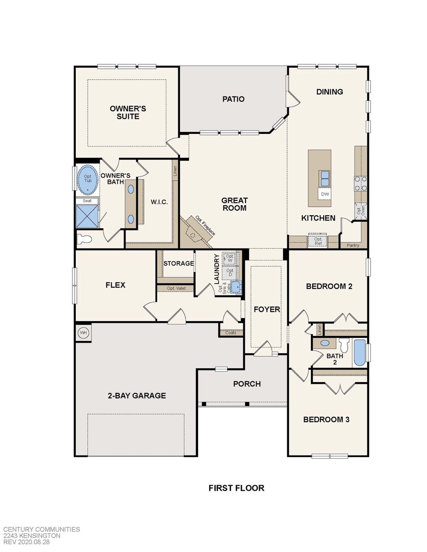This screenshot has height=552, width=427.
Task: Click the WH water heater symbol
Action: pyautogui.click(x=83, y=332)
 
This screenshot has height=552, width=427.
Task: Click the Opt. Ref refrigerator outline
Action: pyautogui.click(x=318, y=241)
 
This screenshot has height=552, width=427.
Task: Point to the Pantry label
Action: pyautogui.click(x=353, y=245)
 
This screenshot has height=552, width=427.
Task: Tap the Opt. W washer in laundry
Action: pyautogui.click(x=230, y=258)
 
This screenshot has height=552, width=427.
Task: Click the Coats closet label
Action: pyautogui.click(x=231, y=333)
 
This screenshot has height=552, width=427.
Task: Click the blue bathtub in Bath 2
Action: pyautogui.click(x=359, y=353)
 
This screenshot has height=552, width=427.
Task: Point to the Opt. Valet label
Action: pyautogui.click(x=176, y=288)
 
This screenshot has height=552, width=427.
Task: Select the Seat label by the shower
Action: pyautogui.click(x=87, y=201)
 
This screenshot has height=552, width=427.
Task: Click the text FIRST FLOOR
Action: pyautogui.click(x=236, y=488)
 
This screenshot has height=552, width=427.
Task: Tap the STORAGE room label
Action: pyautogui.click(x=178, y=263)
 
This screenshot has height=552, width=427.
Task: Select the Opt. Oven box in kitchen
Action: pyautogui.click(x=361, y=211)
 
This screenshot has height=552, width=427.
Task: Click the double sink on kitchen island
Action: pyautogui.click(x=325, y=178)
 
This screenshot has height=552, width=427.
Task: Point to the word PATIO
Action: pyautogui.click(x=233, y=99)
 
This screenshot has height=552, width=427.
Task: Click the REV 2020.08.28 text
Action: pyautogui.click(x=26, y=542)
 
